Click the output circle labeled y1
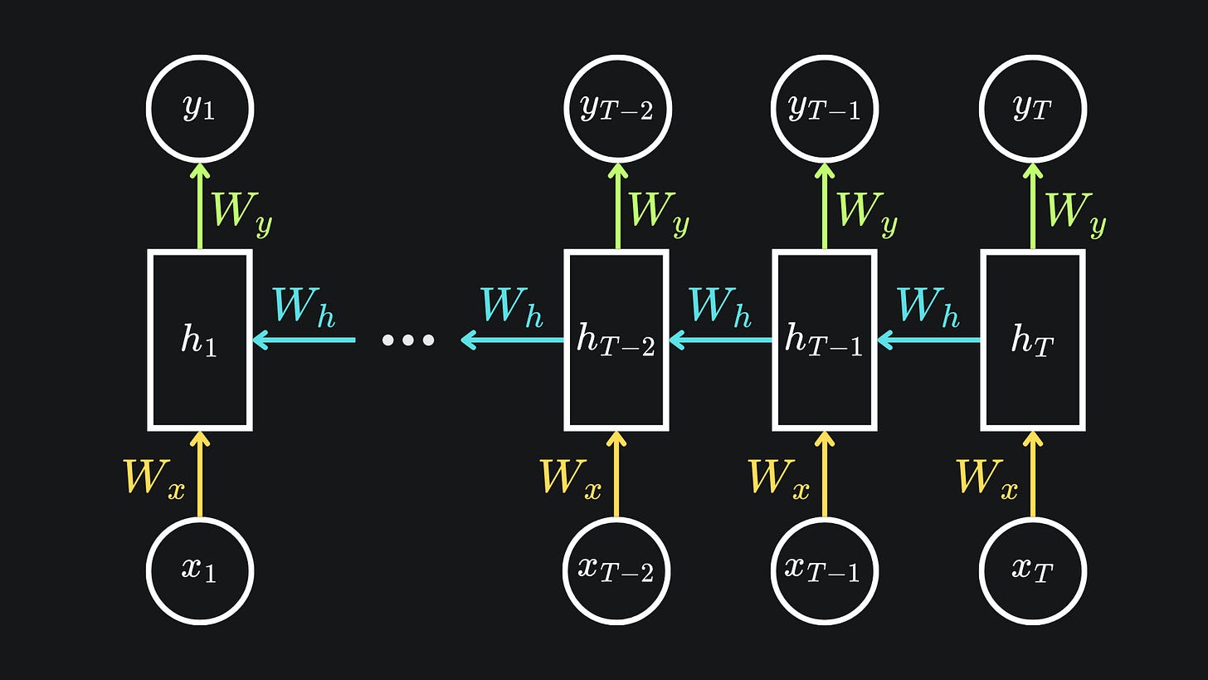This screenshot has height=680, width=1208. [x=200, y=109]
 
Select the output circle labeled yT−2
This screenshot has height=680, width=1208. [x=616, y=109]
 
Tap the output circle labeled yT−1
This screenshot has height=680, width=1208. [x=825, y=109]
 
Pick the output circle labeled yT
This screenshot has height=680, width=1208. [x=1033, y=109]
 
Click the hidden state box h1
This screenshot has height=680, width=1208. [x=200, y=340]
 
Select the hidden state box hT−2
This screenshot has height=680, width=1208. [x=616, y=340]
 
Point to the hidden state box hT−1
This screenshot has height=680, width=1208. [x=825, y=340]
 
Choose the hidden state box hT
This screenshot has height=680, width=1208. [x=1033, y=340]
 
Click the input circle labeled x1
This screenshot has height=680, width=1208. [x=200, y=570]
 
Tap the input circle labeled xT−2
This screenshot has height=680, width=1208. [x=616, y=570]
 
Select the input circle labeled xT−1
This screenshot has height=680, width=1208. [x=825, y=570]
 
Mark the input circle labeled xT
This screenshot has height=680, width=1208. [x=1033, y=570]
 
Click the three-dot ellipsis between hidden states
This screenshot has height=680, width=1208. [x=407, y=340]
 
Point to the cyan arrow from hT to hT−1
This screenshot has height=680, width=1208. [x=929, y=340]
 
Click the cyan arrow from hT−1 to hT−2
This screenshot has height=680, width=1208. [x=721, y=340]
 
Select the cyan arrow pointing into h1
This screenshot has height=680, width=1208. [x=304, y=340]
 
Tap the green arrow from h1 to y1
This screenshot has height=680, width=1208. [x=200, y=207]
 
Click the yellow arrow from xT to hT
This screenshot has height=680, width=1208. [x=1033, y=474]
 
